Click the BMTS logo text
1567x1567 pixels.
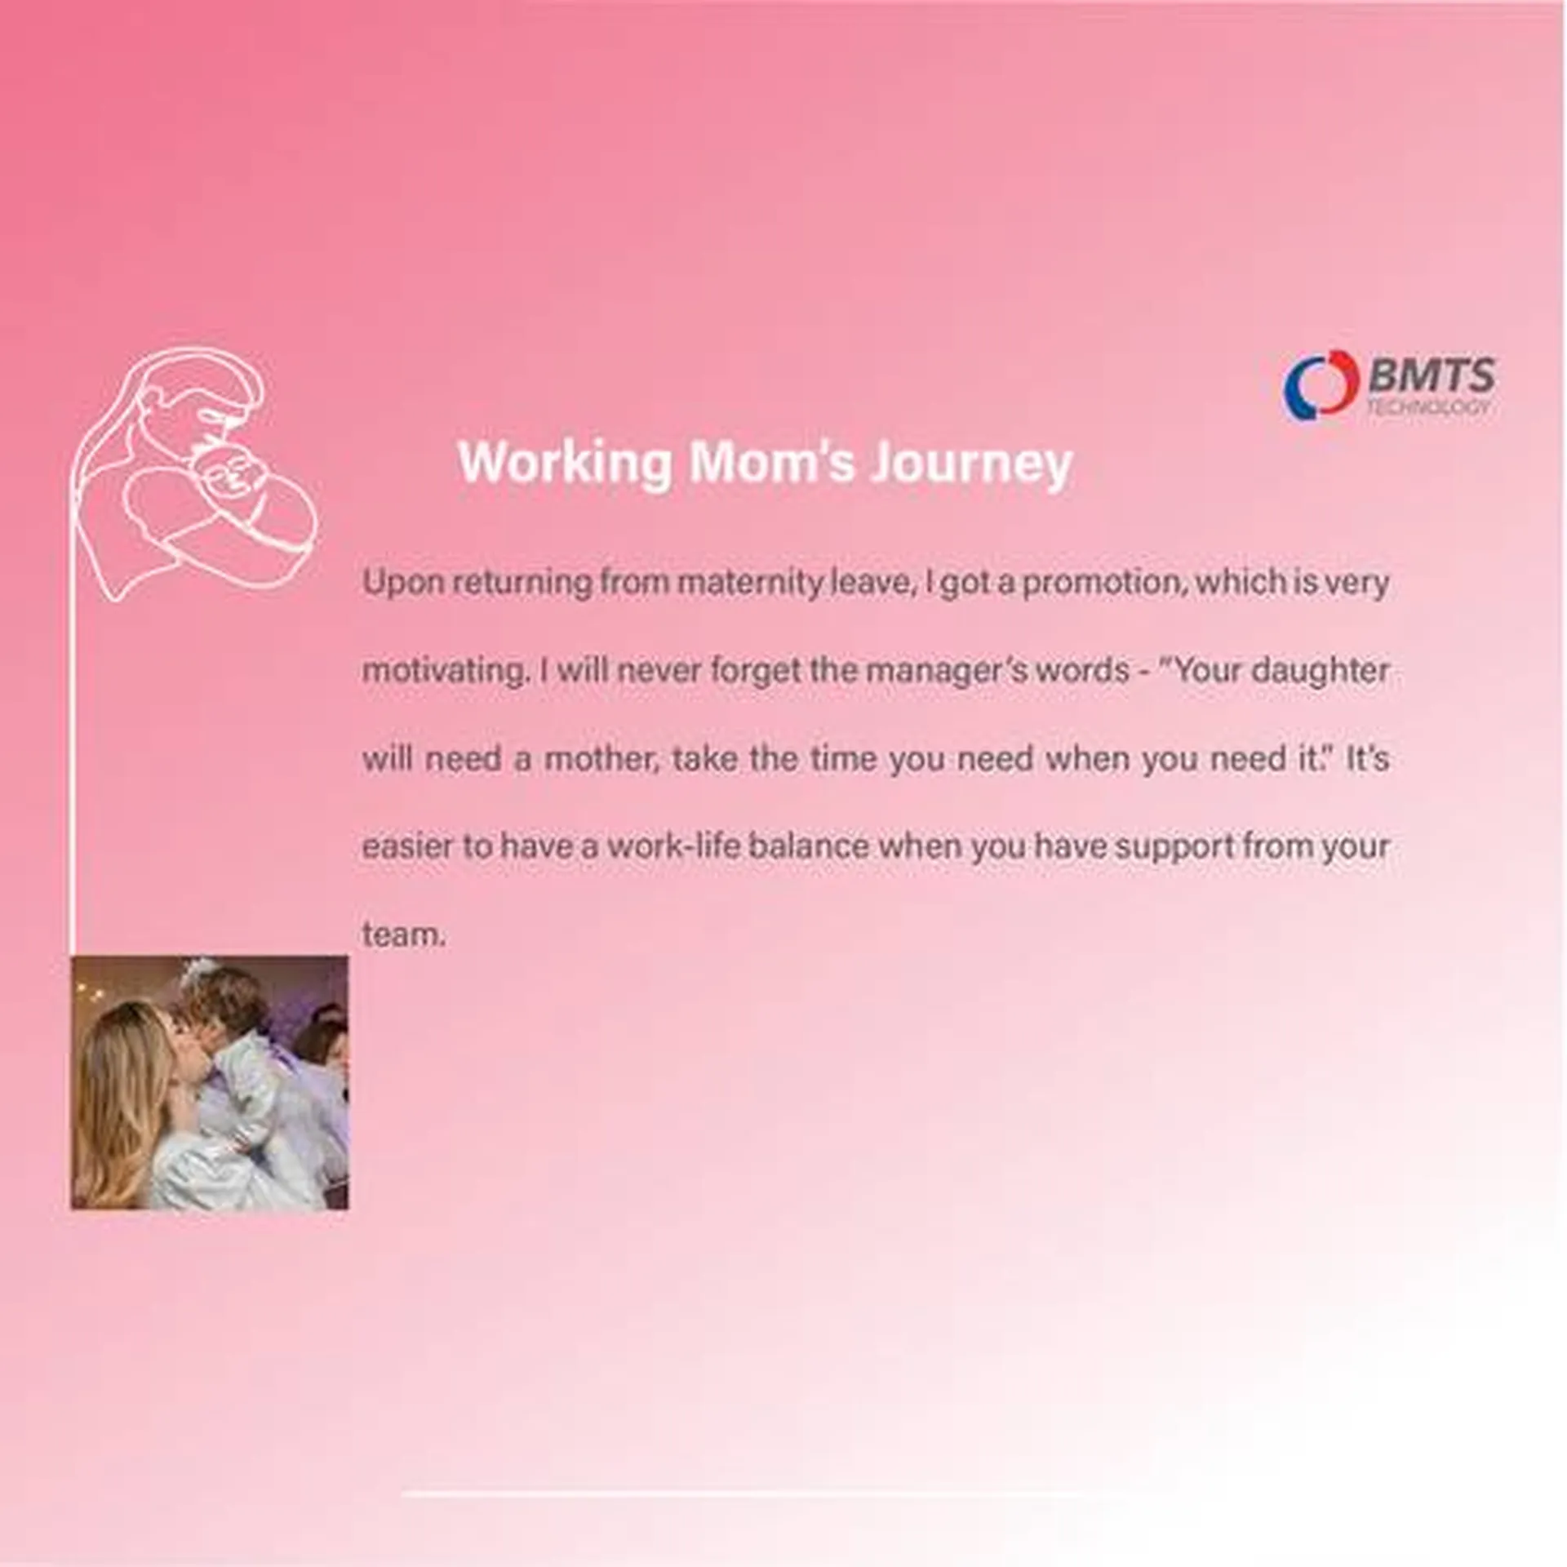(1432, 376)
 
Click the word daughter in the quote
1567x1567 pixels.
(1320, 672)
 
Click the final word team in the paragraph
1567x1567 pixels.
(403, 935)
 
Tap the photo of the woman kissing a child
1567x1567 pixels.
(210, 1082)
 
